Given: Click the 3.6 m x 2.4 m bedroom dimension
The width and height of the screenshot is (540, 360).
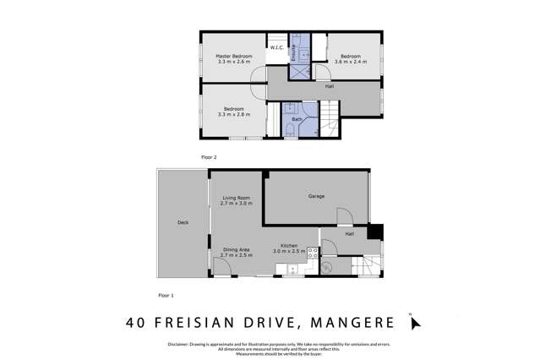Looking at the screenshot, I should (350, 62).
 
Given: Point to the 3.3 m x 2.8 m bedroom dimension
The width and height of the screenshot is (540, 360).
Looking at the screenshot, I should (234, 114).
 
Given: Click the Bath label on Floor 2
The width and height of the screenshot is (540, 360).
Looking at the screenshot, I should (297, 119).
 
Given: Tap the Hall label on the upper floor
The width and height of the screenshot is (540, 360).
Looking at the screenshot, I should (330, 86).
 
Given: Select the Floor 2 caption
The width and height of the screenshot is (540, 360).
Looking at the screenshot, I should (209, 157).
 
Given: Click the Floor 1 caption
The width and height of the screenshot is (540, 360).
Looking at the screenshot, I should (166, 295).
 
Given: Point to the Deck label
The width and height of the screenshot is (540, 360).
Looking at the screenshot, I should (183, 223).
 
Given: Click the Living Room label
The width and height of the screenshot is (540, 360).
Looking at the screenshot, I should (236, 198).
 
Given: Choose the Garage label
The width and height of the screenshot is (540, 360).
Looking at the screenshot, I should (316, 196).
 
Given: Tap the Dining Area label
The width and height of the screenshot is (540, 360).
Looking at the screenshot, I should (236, 249).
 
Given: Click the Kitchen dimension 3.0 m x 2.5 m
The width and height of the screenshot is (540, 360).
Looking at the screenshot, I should (289, 252).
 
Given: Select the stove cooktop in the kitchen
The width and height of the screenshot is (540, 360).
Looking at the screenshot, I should (312, 252).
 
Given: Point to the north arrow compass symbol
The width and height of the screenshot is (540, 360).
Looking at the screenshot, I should (414, 322).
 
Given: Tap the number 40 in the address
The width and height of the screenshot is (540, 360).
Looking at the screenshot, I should (136, 322).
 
